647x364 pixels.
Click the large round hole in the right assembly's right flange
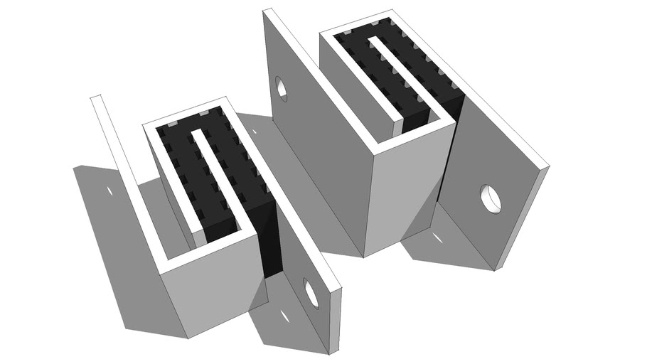pos(490,198)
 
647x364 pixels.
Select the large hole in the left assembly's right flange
pos(310,291)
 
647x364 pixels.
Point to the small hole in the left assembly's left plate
pos(110,192)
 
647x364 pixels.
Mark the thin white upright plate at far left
pos(114,139)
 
